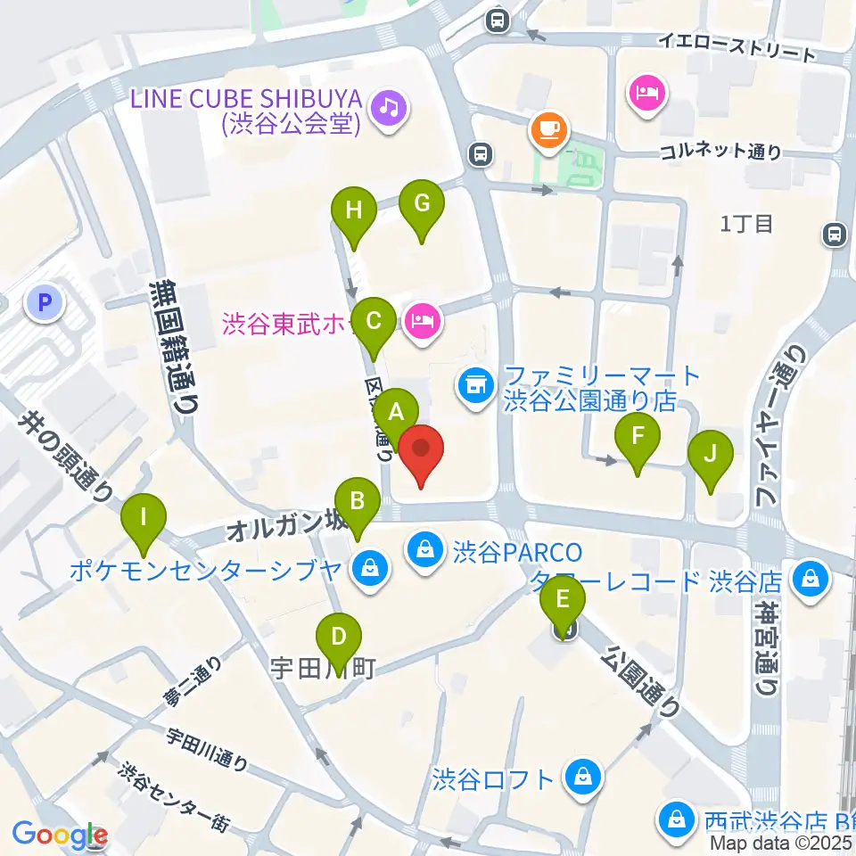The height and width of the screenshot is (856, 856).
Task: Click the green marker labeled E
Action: coord(564,599)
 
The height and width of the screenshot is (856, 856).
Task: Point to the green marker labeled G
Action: coord(422,204)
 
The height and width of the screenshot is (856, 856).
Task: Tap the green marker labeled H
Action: coord(354,212)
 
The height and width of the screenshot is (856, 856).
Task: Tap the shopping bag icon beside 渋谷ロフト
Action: coord(582,778)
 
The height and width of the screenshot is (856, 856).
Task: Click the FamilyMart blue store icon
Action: coord(474,386)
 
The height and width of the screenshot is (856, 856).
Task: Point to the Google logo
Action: coord(60,835)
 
